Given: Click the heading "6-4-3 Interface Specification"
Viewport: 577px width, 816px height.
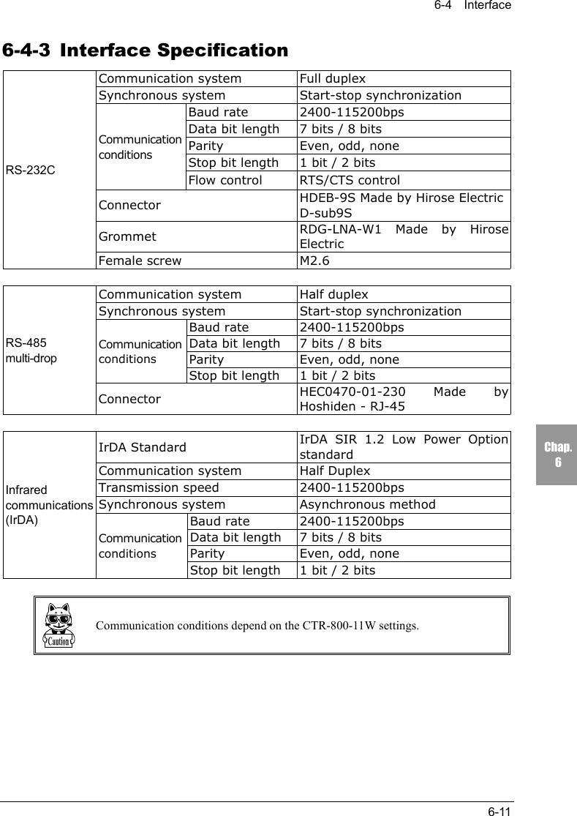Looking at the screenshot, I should coord(146,51).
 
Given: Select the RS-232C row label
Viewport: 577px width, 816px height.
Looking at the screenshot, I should coord(30,171).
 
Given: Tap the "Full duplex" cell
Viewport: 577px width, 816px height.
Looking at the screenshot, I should coord(333,79).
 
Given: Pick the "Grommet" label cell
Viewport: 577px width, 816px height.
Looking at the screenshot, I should coord(127,236).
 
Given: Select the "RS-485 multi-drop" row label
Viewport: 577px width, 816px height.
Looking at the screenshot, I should coord(31,351).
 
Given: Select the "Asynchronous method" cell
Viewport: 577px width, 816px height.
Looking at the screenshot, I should coord(367,504).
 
